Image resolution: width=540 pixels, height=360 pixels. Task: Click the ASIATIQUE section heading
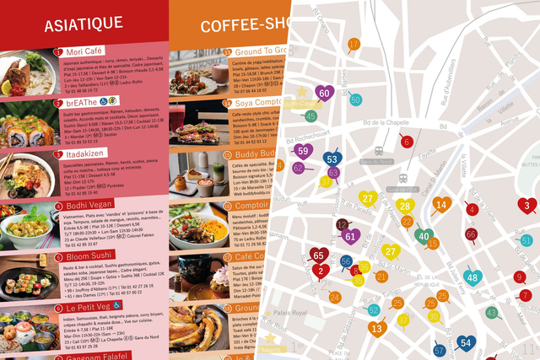click(x=83, y=24)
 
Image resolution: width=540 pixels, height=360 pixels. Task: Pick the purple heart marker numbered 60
click(x=324, y=94)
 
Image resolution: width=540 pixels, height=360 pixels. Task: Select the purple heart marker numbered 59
click(x=303, y=152)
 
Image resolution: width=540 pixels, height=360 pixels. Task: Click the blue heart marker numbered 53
click(x=332, y=159)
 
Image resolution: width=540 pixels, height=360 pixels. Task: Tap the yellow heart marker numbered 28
click(x=405, y=207)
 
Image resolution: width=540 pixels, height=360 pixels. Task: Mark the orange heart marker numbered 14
click(x=441, y=203)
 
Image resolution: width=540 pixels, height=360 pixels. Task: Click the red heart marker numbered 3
click(x=527, y=205)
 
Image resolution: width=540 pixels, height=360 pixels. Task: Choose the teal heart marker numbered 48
click(x=472, y=277)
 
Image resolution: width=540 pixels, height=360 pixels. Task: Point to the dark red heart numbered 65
click(x=318, y=255)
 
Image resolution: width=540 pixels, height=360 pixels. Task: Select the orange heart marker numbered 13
click(x=377, y=329)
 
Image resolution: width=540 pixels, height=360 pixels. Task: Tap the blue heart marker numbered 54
click(x=467, y=343)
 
